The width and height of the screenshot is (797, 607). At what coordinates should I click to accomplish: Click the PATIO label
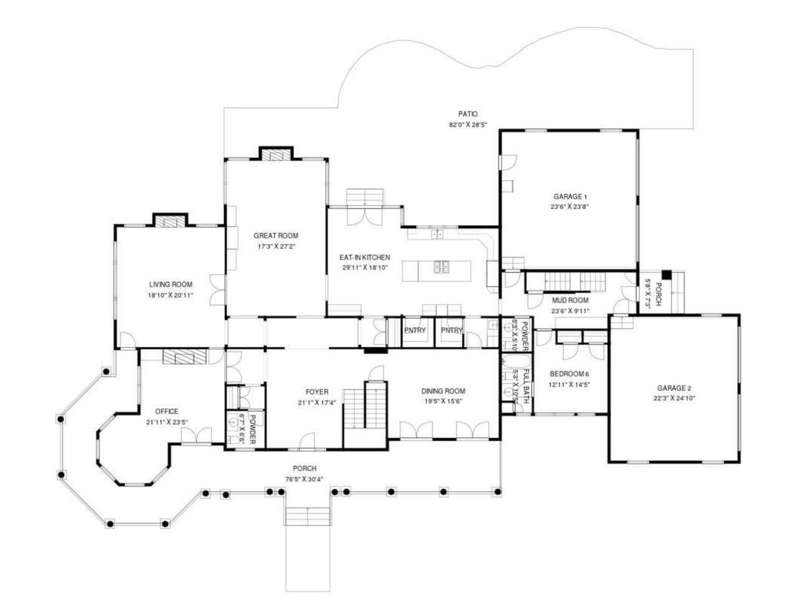point(468,114)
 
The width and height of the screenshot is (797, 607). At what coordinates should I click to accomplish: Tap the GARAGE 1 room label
point(570,196)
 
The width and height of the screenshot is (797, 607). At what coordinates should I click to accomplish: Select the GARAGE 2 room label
point(674,387)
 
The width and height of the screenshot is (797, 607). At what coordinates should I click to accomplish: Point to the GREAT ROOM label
point(276,235)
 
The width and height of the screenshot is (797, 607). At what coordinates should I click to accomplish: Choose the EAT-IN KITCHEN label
point(364,257)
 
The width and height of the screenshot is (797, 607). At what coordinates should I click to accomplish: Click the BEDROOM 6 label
point(569,374)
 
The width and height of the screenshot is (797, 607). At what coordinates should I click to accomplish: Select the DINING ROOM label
point(443,391)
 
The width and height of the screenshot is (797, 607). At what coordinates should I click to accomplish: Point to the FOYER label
point(317,392)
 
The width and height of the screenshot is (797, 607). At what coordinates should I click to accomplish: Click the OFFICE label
point(167,411)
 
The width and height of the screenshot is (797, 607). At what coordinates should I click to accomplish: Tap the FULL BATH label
point(526,387)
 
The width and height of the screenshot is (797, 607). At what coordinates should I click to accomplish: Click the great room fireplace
point(275,154)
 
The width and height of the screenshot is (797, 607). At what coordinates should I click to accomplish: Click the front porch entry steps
point(308,515)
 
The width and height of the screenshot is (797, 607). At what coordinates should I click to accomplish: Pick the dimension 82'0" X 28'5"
point(468,125)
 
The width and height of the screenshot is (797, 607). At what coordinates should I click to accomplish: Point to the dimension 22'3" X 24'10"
point(674,397)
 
